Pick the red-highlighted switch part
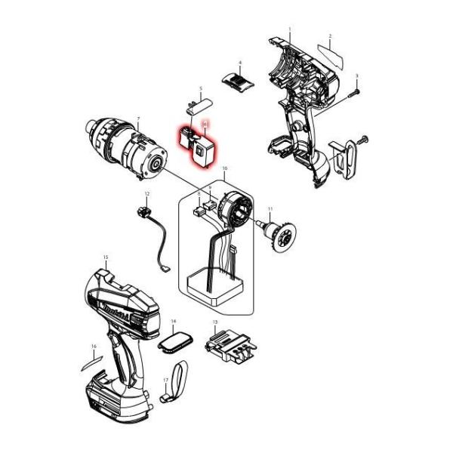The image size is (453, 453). click(x=199, y=146)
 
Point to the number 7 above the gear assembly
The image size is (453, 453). click(x=139, y=119)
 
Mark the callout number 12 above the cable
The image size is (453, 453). click(x=147, y=195)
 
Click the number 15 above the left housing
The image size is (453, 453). click(x=106, y=257)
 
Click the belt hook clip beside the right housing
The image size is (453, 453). click(x=344, y=157)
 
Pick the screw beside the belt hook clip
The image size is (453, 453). click(x=363, y=140)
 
